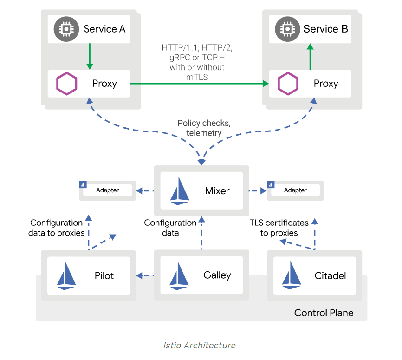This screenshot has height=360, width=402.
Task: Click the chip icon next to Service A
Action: tap(67, 29)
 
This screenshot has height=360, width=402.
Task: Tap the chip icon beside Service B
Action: tap(287, 29)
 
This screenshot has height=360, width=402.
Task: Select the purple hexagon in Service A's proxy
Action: tap(67, 84)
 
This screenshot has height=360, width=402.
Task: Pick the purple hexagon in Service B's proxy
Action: tap(288, 84)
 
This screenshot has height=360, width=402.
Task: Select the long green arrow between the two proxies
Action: tap(200, 84)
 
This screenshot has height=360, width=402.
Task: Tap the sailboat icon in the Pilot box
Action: tap(66, 276)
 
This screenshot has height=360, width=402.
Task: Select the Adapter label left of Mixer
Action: tap(107, 190)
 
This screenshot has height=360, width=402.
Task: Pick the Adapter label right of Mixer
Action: tap(295, 190)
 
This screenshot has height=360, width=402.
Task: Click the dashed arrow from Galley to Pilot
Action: tap(146, 275)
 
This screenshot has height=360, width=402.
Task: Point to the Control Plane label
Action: tap(324, 313)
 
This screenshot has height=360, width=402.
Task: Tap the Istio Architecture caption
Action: tap(199, 345)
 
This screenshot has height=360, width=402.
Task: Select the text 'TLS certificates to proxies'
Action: tap(279, 228)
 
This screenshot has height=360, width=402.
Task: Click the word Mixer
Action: tap(217, 190)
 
